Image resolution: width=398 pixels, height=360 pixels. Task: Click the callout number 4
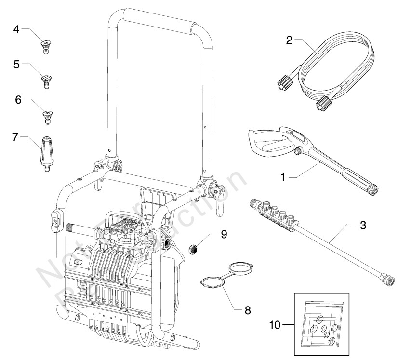(16, 29)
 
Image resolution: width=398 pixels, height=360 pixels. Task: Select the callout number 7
(16, 138)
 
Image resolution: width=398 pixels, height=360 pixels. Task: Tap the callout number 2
(289, 40)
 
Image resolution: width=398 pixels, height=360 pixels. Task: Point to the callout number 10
(274, 326)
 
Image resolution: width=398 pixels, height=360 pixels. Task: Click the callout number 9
(224, 235)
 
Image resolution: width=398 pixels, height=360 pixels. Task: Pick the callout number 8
(248, 310)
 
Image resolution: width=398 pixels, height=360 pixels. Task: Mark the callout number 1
(284, 177)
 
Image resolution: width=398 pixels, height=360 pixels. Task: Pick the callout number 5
(16, 64)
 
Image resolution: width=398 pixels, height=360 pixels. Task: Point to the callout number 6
(18, 100)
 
